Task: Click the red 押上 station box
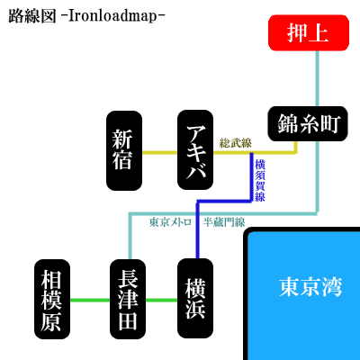pos(309,32)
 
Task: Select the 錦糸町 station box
pos(308,123)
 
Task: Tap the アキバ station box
pos(195,150)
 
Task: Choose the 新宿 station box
pos(124,150)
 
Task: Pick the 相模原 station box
pos(52,299)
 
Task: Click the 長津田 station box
pos(128,299)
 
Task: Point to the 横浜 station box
pos(195,299)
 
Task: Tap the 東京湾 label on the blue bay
pos(310,287)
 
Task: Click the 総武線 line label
pos(236,143)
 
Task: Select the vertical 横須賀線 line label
pos(260,180)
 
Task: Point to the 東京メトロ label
pos(170,222)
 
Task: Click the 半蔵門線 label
pos(224,222)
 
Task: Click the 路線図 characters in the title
pos(32,16)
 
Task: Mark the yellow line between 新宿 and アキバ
pos(159,153)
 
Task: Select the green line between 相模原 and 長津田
pos(90,300)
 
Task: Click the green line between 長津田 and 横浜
pos(161,300)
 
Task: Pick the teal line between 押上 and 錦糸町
pos(318,78)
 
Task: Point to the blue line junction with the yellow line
pos(252,153)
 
